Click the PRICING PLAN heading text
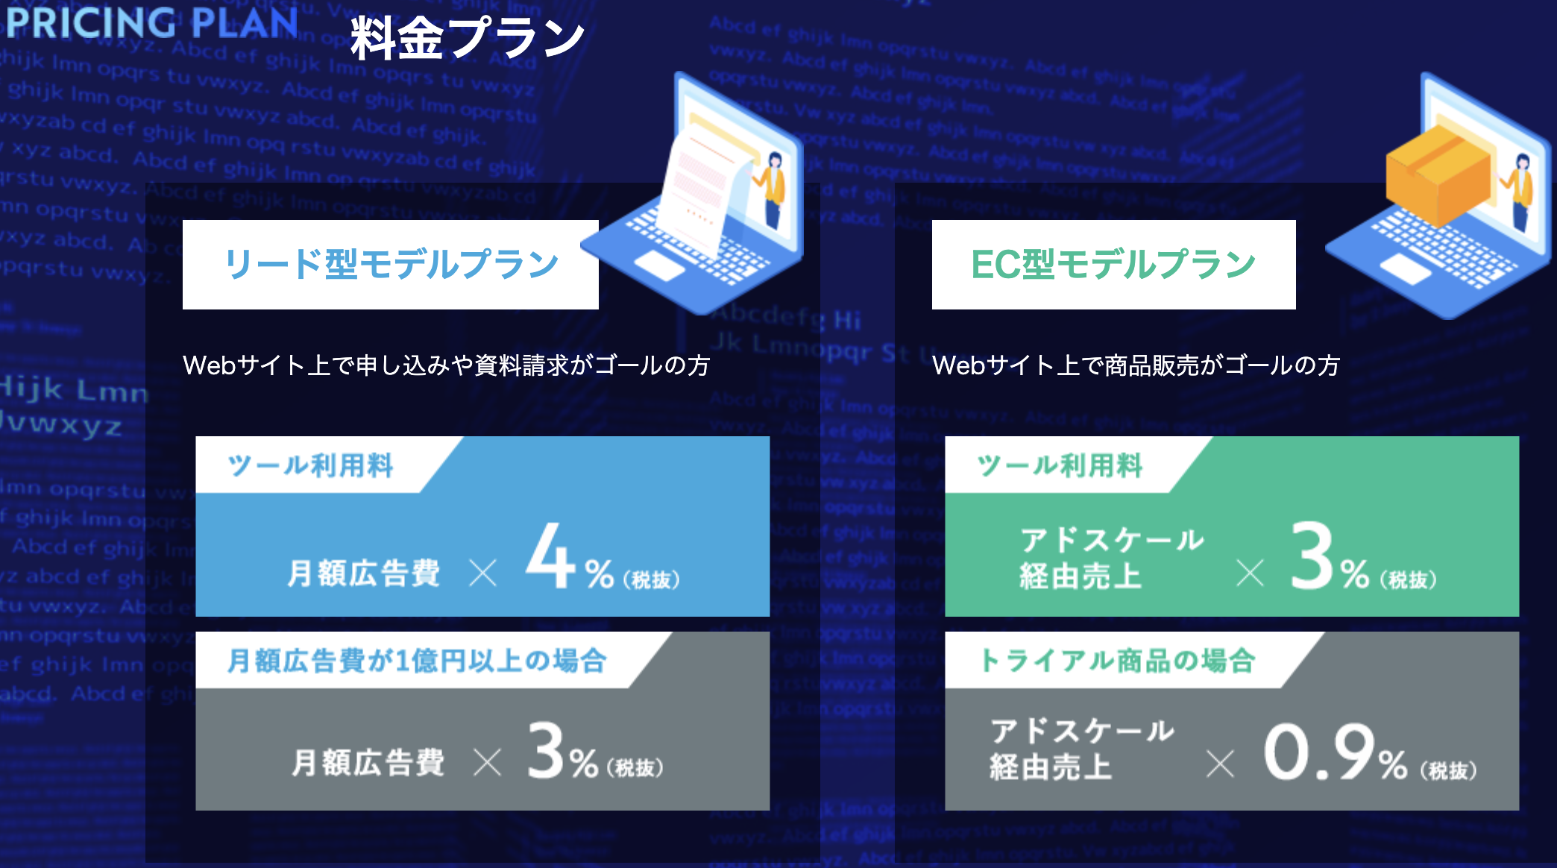[151, 22]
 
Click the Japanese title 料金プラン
[467, 37]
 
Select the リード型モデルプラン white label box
[390, 265]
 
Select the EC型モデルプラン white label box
[1113, 265]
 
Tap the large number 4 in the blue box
[550, 556]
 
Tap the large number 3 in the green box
[1312, 556]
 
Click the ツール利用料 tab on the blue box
[310, 465]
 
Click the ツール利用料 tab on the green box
[1059, 465]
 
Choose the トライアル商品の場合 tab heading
[1117, 661]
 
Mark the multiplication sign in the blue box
[483, 574]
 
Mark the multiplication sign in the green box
[1250, 574]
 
